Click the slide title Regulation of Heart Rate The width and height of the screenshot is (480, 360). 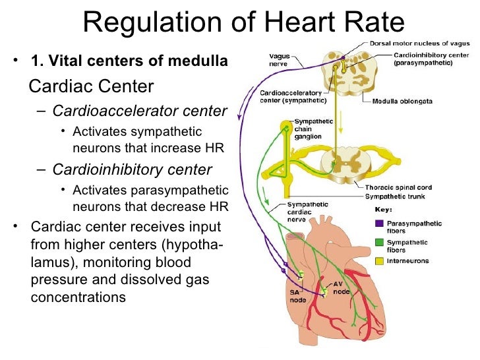[x=243, y=23]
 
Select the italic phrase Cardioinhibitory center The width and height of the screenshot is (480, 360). [x=132, y=170]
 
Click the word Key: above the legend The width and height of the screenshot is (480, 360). [x=383, y=210]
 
